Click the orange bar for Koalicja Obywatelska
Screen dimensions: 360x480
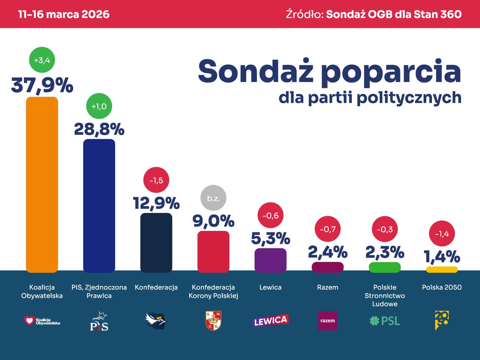coord(42,184)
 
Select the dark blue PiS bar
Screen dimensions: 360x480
coord(99,206)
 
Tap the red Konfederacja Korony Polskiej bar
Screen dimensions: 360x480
coord(213,252)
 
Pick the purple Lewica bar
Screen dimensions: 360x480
coord(270,260)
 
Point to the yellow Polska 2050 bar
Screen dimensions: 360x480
coord(442,270)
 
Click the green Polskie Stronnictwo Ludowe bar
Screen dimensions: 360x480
coord(384,267)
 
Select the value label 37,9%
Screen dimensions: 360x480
coord(42,85)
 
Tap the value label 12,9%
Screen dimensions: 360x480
coord(156,203)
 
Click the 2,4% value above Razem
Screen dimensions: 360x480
coord(327,252)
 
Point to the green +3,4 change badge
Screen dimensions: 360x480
coord(42,60)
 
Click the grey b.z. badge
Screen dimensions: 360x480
coord(213,198)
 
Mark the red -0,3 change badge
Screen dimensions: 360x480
coord(384,230)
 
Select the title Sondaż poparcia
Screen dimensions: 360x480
coord(329,71)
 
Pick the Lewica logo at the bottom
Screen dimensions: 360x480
coord(270,320)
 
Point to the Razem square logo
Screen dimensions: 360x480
coord(327,321)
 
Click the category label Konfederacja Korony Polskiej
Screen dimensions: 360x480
coord(213,292)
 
